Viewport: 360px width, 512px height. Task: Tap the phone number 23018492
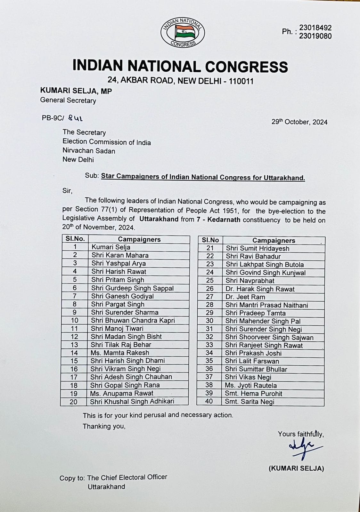pyautogui.click(x=315, y=28)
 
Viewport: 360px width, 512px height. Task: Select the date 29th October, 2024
pyautogui.click(x=299, y=122)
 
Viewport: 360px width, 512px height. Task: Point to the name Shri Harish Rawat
pyautogui.click(x=119, y=272)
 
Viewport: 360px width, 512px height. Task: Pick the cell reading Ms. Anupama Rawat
pyautogui.click(x=122, y=393)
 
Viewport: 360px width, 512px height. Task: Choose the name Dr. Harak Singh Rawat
pyautogui.click(x=260, y=289)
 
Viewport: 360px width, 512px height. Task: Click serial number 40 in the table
pyautogui.click(x=209, y=401)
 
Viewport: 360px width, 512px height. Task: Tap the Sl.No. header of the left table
pyautogui.click(x=75, y=239)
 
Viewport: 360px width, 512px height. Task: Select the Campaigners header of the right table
pyautogui.click(x=274, y=240)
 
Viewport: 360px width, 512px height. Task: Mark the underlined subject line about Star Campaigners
pyautogui.click(x=203, y=177)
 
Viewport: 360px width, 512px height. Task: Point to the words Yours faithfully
pyautogui.click(x=301, y=434)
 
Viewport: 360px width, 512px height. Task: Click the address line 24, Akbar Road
pyautogui.click(x=180, y=81)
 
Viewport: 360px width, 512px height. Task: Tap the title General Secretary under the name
pyautogui.click(x=68, y=100)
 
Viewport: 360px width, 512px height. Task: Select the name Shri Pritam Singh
pyautogui.click(x=118, y=280)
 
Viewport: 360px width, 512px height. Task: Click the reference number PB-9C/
pyautogui.click(x=53, y=118)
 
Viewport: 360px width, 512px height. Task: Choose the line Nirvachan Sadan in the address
pyautogui.click(x=89, y=151)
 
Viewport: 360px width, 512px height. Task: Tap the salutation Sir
pyautogui.click(x=67, y=191)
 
